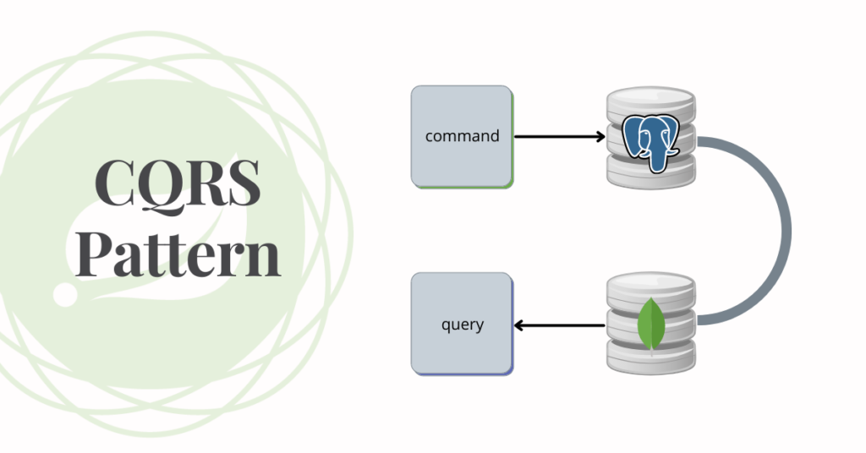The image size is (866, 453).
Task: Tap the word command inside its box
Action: click(x=462, y=135)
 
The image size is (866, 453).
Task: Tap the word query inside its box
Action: click(x=462, y=324)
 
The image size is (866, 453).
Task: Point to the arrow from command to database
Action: click(x=558, y=135)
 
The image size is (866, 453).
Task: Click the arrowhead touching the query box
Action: click(x=519, y=325)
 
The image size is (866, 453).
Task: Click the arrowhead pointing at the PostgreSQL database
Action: click(x=600, y=135)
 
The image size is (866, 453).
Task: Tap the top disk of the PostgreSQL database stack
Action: click(x=651, y=103)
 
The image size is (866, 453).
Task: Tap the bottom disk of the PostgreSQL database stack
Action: click(x=651, y=174)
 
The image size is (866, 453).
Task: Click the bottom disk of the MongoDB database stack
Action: click(x=651, y=360)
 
